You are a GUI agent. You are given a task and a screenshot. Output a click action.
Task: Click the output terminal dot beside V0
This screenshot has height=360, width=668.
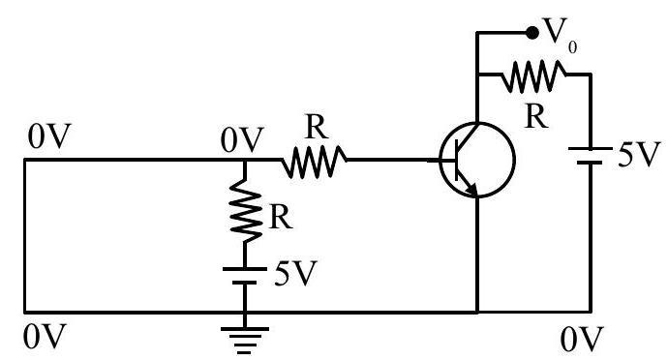pyautogui.click(x=532, y=32)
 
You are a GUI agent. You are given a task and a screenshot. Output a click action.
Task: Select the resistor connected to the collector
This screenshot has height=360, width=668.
pyautogui.click(x=533, y=75)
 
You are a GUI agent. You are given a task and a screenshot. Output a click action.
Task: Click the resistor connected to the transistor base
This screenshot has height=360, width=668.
pyautogui.click(x=314, y=162)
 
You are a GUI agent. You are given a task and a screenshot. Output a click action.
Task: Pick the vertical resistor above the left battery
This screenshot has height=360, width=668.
pyautogui.click(x=245, y=211)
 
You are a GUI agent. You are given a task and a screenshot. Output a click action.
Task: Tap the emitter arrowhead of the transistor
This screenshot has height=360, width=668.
pyautogui.click(x=471, y=190)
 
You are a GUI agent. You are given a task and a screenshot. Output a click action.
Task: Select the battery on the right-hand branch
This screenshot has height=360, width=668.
pyautogui.click(x=590, y=156)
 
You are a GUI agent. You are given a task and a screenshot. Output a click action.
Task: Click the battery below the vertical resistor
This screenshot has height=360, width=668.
pyautogui.click(x=245, y=276)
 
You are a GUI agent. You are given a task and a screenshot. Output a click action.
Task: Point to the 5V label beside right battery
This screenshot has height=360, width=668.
pyautogui.click(x=639, y=154)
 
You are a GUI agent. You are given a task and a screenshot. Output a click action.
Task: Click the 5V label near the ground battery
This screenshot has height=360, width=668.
pyautogui.click(x=295, y=273)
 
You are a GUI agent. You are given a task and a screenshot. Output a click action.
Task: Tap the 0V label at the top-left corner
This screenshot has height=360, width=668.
pyautogui.click(x=49, y=135)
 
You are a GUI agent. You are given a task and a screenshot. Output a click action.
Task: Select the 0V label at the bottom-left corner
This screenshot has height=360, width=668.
pyautogui.click(x=45, y=336)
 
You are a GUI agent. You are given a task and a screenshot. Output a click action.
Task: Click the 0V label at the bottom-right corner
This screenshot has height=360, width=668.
pyautogui.click(x=582, y=339)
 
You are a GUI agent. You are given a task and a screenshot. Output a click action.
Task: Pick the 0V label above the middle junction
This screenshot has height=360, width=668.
pyautogui.click(x=242, y=139)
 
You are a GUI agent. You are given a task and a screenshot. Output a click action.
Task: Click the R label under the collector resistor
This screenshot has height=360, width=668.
pyautogui.click(x=536, y=116)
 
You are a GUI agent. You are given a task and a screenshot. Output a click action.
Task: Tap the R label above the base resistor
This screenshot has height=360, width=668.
pyautogui.click(x=317, y=127)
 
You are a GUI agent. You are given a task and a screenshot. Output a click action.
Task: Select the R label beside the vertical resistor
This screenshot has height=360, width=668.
pyautogui.click(x=281, y=218)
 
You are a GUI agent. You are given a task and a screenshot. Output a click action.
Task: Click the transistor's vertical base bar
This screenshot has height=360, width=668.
pyautogui.click(x=456, y=161)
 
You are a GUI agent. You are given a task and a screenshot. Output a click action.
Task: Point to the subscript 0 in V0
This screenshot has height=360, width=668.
pyautogui.click(x=572, y=47)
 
